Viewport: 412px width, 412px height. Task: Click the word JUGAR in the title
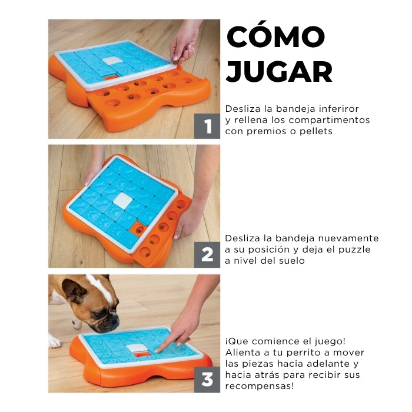(x=279, y=71)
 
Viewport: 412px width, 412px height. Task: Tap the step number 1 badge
(x=207, y=126)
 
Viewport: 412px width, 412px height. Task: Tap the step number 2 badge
(x=207, y=255)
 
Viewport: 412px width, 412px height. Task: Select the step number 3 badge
(x=207, y=380)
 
